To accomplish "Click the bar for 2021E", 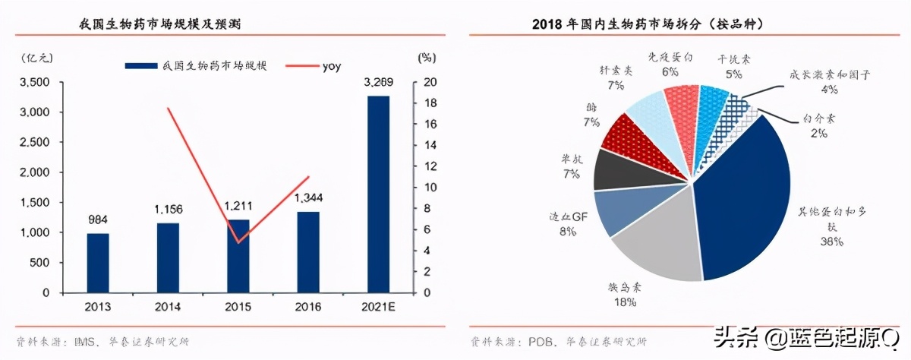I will (378, 194).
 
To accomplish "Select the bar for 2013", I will (98, 262).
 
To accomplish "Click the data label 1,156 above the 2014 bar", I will (169, 209).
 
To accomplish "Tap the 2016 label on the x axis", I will (307, 306).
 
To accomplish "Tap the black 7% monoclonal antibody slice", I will (611, 169).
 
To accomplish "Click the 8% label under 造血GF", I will (567, 230).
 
